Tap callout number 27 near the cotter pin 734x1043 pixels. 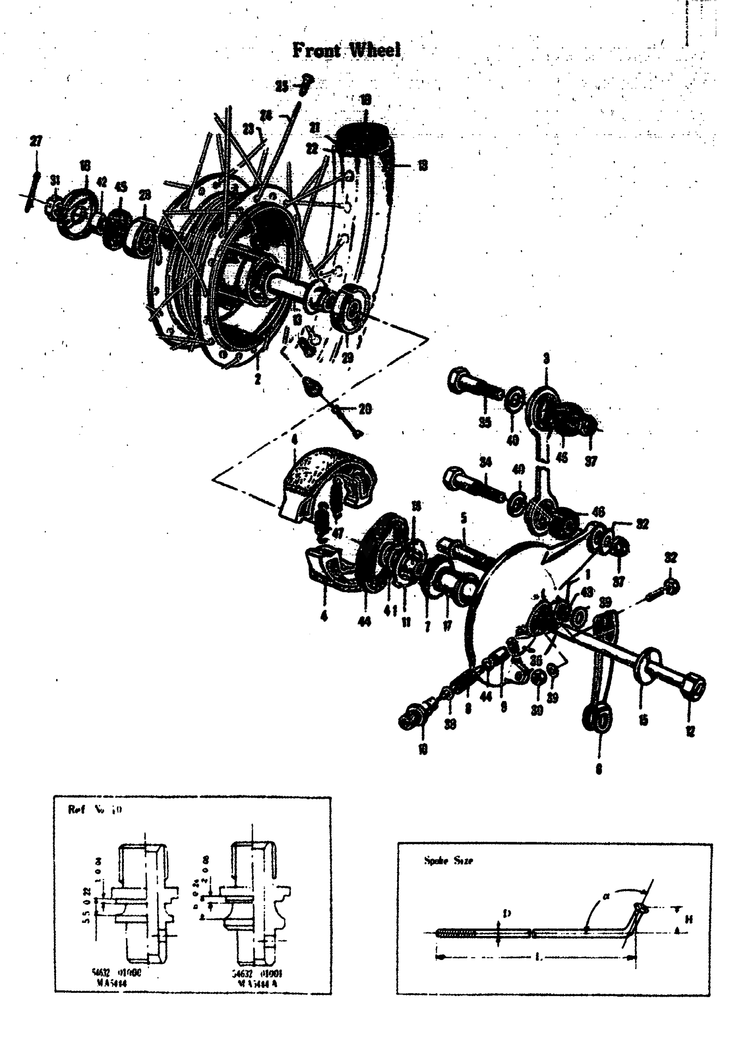tap(36, 141)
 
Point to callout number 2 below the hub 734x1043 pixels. tap(257, 379)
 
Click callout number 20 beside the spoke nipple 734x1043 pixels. tap(365, 409)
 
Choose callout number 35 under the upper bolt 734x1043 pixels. tap(485, 422)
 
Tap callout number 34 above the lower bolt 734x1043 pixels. tap(486, 462)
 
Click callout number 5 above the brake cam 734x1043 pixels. tap(464, 518)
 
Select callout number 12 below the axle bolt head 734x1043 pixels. tap(690, 731)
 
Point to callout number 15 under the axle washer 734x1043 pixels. tap(643, 720)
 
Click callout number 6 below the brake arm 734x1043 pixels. tap(599, 769)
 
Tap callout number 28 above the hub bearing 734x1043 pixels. tap(145, 195)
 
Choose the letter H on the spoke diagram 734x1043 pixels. tap(689, 919)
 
